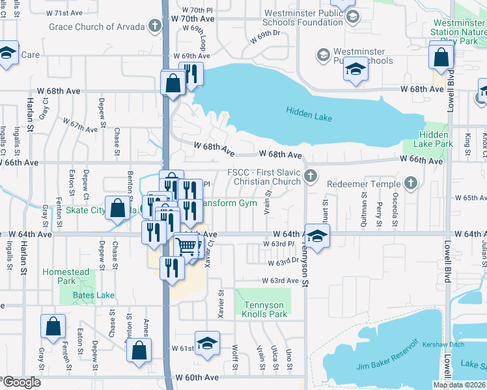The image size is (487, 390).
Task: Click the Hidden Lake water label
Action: pyautogui.click(x=309, y=111)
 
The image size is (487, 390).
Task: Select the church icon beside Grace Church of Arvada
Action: pyautogui.click(x=154, y=27)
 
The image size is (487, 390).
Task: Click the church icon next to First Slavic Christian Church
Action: pyautogui.click(x=312, y=175)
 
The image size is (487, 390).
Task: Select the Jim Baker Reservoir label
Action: pyautogui.click(x=387, y=365)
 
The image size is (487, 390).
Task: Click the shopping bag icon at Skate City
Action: pyautogui.click(x=118, y=209)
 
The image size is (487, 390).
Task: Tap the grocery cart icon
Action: pyautogui.click(x=186, y=246)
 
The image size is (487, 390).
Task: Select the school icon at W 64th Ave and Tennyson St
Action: pyautogui.click(x=317, y=235)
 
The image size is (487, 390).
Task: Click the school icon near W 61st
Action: pyautogui.click(x=207, y=343)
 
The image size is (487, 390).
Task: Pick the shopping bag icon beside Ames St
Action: pyautogui.click(x=139, y=350)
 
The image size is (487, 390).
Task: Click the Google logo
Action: pyautogui.click(x=21, y=383)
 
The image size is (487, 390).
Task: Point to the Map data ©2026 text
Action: pyautogui.click(x=459, y=385)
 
